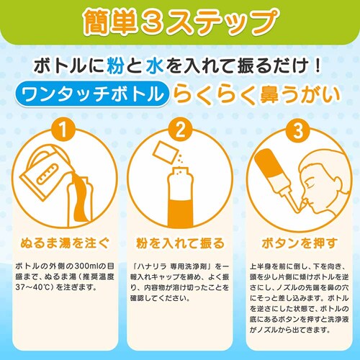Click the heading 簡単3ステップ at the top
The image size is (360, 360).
point(179,21)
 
